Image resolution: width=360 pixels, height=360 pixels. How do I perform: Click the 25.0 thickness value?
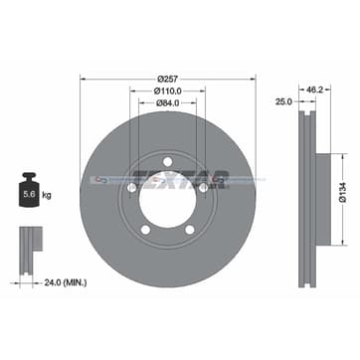(x=284, y=101)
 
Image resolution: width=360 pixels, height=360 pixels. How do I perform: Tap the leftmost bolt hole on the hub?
(x=132, y=186)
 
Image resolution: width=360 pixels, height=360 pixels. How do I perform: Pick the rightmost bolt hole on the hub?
(x=202, y=186)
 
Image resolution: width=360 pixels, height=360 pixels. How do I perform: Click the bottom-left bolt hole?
(x=145, y=230)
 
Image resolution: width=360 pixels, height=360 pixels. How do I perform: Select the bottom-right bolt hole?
(x=189, y=230)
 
